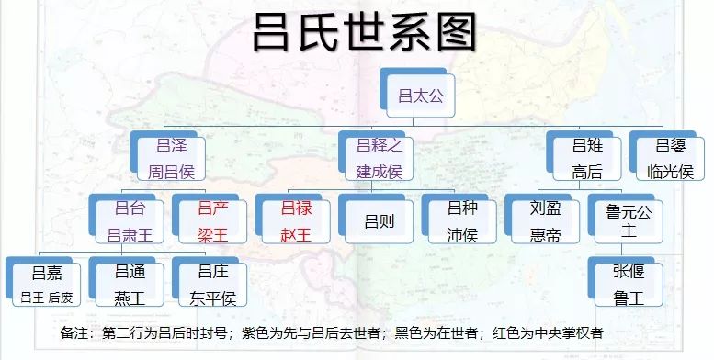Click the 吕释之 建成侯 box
[x=379, y=157]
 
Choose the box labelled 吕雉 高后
[x=585, y=157]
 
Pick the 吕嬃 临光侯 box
[x=668, y=157]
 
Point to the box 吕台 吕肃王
[x=130, y=220]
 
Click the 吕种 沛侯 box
[x=461, y=220]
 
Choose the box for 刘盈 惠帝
[x=544, y=220]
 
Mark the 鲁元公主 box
[x=627, y=220]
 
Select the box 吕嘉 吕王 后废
[x=47, y=283]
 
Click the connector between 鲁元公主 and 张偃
[x=627, y=251]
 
